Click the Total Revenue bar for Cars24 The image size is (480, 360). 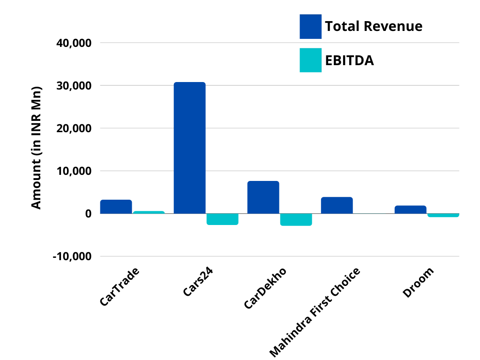click(189, 148)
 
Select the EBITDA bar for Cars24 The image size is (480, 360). click(222, 219)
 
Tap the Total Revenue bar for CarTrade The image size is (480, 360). click(116, 207)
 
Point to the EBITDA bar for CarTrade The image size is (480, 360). click(149, 212)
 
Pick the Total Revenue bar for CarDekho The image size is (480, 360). click(263, 197)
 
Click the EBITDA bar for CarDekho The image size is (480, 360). click(296, 219)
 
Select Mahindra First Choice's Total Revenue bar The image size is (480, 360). click(337, 205)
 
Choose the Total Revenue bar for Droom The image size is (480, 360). click(410, 210)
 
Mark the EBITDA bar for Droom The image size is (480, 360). click(443, 215)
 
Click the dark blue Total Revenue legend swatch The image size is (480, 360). click(310, 26)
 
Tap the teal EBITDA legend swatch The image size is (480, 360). click(310, 60)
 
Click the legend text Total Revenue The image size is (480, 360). click(374, 26)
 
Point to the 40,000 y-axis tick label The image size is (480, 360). click(73, 43)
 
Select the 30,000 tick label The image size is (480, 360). click(73, 86)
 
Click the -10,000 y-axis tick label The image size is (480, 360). click(71, 256)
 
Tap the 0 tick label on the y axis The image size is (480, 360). click(88, 214)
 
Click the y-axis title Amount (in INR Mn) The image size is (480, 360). click(36, 147)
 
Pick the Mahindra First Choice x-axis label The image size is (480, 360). click(315, 312)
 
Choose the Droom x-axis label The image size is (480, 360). click(419, 282)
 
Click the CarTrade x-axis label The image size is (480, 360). click(120, 287)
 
